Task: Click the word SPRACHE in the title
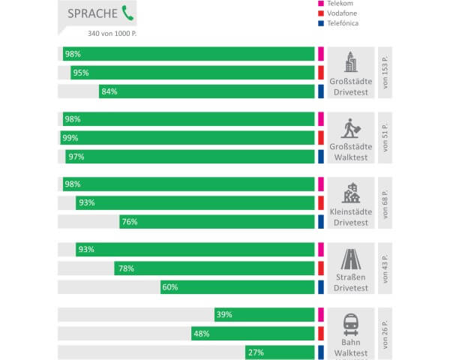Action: click(92, 13)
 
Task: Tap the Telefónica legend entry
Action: click(346, 23)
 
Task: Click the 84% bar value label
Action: click(109, 91)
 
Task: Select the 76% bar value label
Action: click(130, 221)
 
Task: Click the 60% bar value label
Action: click(170, 286)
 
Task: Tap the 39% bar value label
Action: click(224, 315)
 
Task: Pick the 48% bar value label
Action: click(201, 334)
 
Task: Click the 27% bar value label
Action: click(255, 352)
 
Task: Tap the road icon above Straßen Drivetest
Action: click(351, 259)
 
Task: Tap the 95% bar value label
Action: click(81, 73)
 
